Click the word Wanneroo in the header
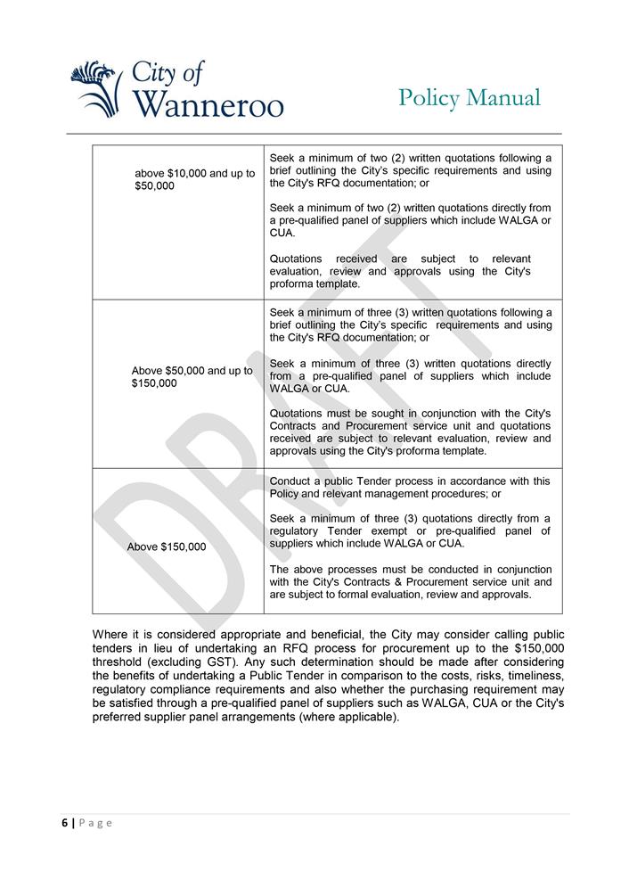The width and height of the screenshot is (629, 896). pyautogui.click(x=209, y=103)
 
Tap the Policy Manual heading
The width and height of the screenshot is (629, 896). pyautogui.click(x=470, y=97)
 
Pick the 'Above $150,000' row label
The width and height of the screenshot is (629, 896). pyautogui.click(x=167, y=547)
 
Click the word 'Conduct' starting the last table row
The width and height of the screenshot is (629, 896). pyautogui.click(x=291, y=481)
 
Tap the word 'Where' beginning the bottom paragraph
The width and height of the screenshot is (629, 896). pyautogui.click(x=110, y=635)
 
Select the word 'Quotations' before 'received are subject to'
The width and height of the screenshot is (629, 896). pyautogui.click(x=296, y=259)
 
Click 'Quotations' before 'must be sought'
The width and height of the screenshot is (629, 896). pyautogui.click(x=297, y=414)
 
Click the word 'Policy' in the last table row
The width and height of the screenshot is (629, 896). pyautogui.click(x=286, y=494)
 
